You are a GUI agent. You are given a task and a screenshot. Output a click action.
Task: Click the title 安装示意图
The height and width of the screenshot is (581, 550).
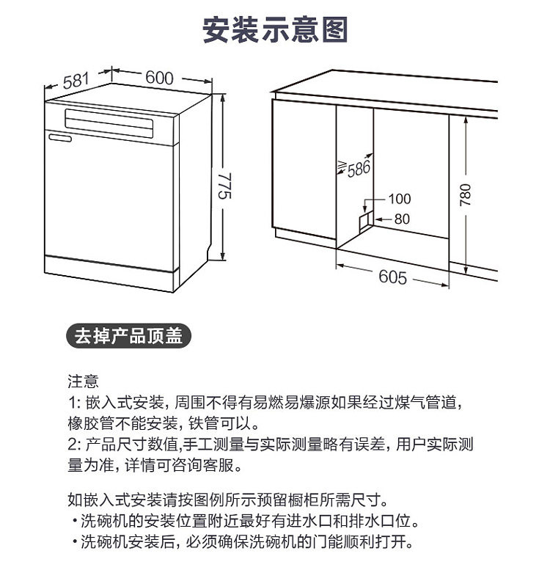click(275, 29)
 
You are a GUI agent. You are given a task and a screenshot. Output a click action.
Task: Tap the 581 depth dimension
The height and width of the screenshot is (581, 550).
click(76, 81)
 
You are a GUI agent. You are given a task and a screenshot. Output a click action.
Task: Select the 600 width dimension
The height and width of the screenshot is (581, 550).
click(159, 78)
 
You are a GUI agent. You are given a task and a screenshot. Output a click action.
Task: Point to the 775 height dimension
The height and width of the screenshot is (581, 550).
click(225, 186)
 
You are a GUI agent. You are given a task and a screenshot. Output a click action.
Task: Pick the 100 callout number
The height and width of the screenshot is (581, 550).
click(400, 199)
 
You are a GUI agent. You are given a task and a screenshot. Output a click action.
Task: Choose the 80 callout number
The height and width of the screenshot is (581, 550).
click(402, 219)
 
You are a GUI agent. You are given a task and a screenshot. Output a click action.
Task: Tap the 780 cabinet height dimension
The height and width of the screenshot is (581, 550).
click(465, 195)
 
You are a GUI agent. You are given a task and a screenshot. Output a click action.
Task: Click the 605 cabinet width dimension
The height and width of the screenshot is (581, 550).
click(392, 277)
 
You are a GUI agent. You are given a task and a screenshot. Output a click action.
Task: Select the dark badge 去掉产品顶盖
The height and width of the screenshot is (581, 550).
click(128, 336)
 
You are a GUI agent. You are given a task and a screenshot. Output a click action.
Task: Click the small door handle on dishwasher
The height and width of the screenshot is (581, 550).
click(60, 138)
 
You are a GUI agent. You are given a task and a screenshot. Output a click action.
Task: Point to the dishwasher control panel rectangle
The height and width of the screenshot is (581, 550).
click(109, 123)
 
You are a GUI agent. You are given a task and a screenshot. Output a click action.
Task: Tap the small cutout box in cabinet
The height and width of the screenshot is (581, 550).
click(365, 222)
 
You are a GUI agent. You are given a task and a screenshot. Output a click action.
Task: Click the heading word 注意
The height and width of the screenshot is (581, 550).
click(84, 381)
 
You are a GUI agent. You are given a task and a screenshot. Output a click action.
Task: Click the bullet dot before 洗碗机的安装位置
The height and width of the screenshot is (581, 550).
click(75, 522)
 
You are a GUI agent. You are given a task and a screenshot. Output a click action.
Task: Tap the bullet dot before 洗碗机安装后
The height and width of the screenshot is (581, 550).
click(75, 542)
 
